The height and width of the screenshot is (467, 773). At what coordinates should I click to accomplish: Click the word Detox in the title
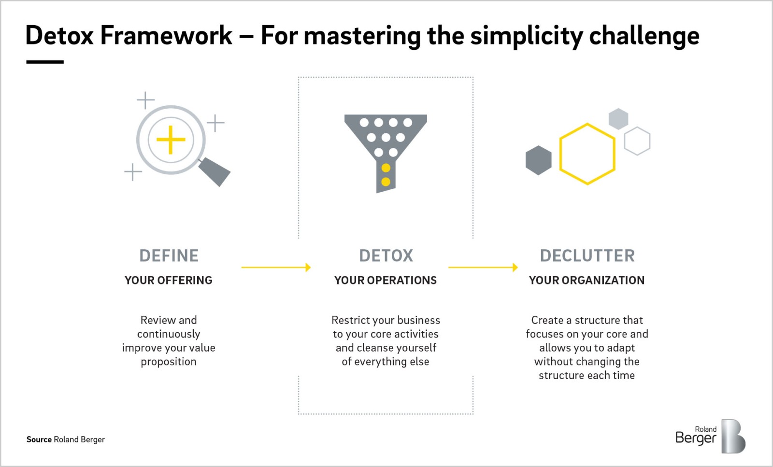click(59, 35)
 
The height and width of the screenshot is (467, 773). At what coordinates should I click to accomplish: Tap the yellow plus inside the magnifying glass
click(171, 140)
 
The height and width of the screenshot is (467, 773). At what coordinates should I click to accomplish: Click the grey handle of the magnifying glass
click(215, 172)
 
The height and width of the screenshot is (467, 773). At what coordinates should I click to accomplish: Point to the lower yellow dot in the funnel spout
click(386, 182)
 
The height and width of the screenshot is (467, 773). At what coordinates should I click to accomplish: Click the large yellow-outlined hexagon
click(587, 154)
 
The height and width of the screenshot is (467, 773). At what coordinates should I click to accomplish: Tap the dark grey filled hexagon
click(538, 160)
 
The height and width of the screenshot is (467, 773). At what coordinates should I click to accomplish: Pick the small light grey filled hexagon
click(618, 119)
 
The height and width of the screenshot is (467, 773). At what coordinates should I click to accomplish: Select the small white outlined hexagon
click(637, 141)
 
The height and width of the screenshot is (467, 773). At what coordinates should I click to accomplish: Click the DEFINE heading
click(169, 256)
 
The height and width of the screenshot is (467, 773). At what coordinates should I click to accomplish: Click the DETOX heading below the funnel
click(386, 256)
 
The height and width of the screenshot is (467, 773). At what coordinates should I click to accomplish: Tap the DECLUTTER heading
click(587, 256)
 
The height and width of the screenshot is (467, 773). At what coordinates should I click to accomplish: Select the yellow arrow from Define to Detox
click(276, 267)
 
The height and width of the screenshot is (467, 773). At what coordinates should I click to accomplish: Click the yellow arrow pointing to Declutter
click(483, 267)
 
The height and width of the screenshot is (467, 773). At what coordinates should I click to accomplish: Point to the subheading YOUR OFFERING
click(169, 281)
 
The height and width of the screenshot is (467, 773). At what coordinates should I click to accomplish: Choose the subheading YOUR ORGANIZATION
click(587, 281)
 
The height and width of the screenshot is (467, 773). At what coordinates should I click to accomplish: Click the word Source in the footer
click(39, 439)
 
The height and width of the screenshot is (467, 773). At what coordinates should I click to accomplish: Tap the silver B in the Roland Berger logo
click(733, 436)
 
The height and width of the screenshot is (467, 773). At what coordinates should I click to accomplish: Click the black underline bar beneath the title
click(45, 62)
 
